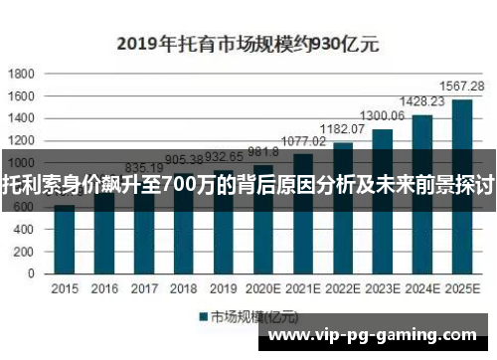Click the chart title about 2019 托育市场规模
(253, 44)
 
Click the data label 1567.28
(462, 87)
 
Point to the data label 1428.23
(421, 101)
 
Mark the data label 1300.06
(382, 116)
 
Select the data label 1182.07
(342, 129)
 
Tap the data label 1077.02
(303, 141)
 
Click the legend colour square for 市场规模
(201, 317)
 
